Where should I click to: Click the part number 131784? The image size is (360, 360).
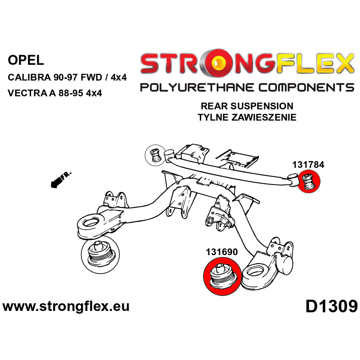coord(308,165)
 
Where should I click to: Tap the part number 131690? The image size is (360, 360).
coord(222,252)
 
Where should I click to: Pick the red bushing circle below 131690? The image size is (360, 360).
coord(222,276)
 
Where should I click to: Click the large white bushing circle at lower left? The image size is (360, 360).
coord(100,254)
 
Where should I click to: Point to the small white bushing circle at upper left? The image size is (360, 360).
coord(156,155)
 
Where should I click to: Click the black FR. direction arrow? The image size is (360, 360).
coord(61,180)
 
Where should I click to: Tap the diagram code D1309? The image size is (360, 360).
coord(332,307)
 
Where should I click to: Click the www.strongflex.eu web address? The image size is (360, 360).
coord(66,306)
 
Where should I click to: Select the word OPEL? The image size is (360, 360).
coord(26,60)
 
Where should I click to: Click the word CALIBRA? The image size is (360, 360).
coord(29,77)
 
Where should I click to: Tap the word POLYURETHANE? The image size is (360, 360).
coord(197,88)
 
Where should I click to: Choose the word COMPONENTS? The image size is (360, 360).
coord(306,88)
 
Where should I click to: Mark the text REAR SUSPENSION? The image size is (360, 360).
coord(247,106)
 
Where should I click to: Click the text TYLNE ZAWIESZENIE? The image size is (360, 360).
coord(247,117)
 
